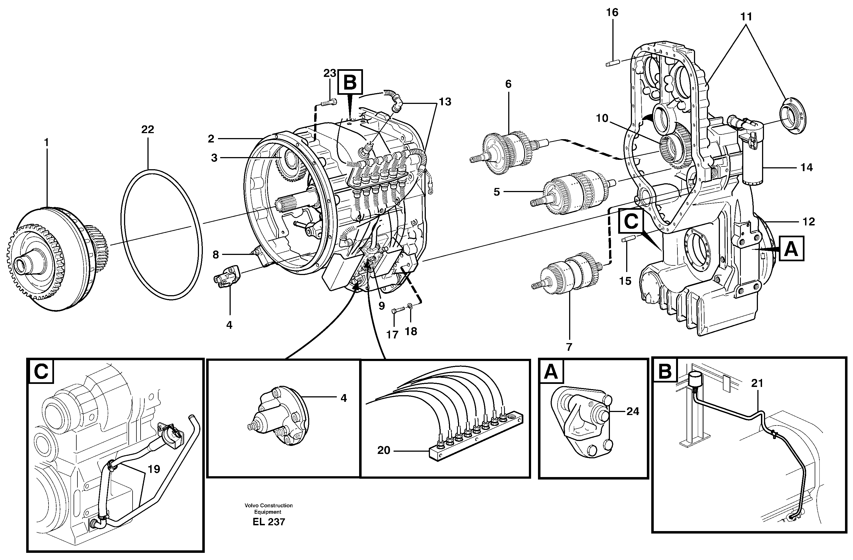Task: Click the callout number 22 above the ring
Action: (x=147, y=129)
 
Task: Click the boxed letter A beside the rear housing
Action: (x=791, y=249)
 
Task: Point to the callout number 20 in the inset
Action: (x=383, y=450)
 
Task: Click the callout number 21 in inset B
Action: (x=757, y=383)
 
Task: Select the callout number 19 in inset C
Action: (x=154, y=469)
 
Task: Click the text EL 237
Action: (x=268, y=522)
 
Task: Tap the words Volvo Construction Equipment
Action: (x=268, y=508)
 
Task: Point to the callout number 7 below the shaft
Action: (x=569, y=346)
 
